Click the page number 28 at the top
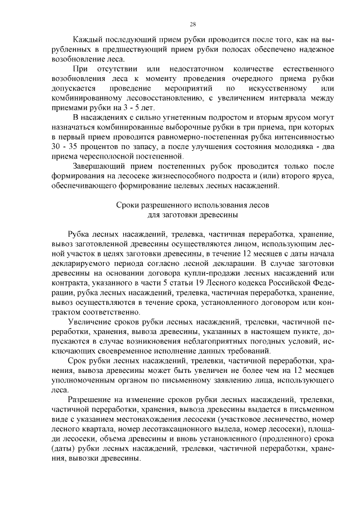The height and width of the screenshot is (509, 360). pos(192,24)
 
